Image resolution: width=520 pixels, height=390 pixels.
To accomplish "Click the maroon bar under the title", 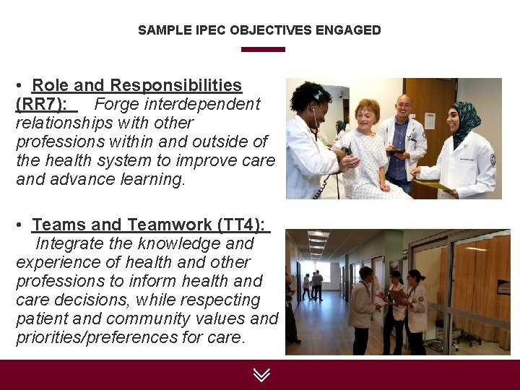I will click(263, 49).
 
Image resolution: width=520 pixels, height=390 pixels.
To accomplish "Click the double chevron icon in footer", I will click(261, 374).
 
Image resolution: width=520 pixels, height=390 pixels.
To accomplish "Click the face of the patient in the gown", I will click(366, 114).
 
